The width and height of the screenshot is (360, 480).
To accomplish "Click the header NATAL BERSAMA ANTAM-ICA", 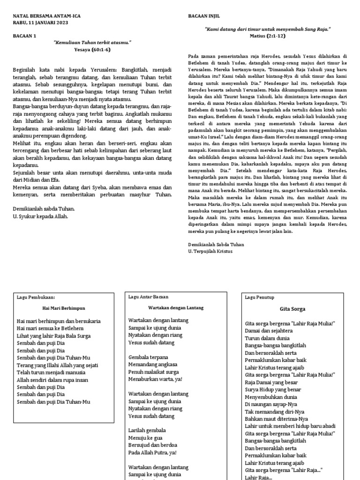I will point(46,15).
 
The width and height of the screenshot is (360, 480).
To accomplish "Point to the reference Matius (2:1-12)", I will point(268,36).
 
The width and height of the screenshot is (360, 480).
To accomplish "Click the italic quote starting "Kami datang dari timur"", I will point(268,29).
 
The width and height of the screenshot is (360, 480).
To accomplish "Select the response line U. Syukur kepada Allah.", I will point(40,216).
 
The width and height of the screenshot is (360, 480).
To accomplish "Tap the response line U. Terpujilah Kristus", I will point(215,252).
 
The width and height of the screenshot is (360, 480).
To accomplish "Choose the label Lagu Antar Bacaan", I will point(148,297).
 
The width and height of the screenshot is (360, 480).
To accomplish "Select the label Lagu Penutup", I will point(259,297).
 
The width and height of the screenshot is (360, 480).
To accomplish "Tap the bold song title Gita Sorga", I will point(292,309).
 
